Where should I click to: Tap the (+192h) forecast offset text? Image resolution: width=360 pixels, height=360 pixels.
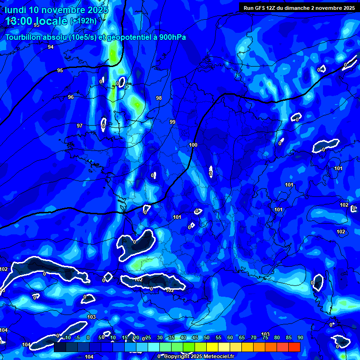(x=83, y=21)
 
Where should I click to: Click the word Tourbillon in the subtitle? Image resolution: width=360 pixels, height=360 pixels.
(x=22, y=37)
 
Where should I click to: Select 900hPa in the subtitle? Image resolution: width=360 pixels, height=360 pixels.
(x=172, y=37)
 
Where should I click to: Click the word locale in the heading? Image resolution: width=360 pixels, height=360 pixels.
(x=52, y=21)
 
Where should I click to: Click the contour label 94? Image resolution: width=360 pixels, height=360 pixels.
(x=51, y=47)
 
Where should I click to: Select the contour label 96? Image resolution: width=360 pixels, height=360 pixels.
(x=71, y=97)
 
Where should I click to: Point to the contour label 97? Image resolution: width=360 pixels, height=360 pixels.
(x=80, y=126)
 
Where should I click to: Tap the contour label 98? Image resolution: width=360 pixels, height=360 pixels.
(x=159, y=98)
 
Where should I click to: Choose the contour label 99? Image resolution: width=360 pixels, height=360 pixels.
(x=172, y=122)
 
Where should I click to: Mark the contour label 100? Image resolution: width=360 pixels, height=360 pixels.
(x=193, y=145)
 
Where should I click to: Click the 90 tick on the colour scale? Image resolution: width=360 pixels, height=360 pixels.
(x=300, y=337)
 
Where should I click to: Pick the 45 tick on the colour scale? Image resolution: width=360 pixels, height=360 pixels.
(x=195, y=337)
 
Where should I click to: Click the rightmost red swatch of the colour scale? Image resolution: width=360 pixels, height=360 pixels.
(x=294, y=347)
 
